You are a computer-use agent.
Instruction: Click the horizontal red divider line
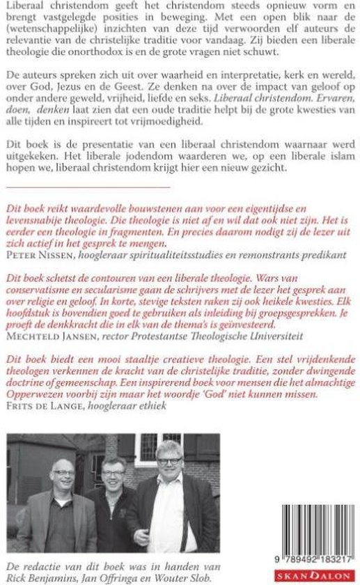pyautogui.click(x=87, y=187)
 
